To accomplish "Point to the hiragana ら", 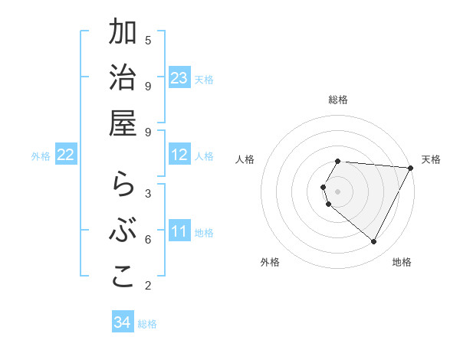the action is click(123, 186).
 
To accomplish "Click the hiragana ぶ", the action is click(123, 231).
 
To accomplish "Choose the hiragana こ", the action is click(123, 277).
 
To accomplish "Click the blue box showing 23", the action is click(179, 78).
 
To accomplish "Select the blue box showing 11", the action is click(179, 231).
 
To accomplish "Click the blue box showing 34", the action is click(122, 322).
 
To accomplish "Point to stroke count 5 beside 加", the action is click(148, 40).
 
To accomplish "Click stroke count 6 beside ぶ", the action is click(148, 239).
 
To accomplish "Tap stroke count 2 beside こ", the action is click(148, 286).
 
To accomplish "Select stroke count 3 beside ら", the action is click(148, 193).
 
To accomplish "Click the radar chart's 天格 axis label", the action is click(431, 159).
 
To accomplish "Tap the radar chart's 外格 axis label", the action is click(270, 262).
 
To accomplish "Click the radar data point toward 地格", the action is click(374, 242).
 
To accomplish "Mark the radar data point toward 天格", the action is click(411, 168).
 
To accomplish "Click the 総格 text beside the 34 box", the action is click(147, 324).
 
